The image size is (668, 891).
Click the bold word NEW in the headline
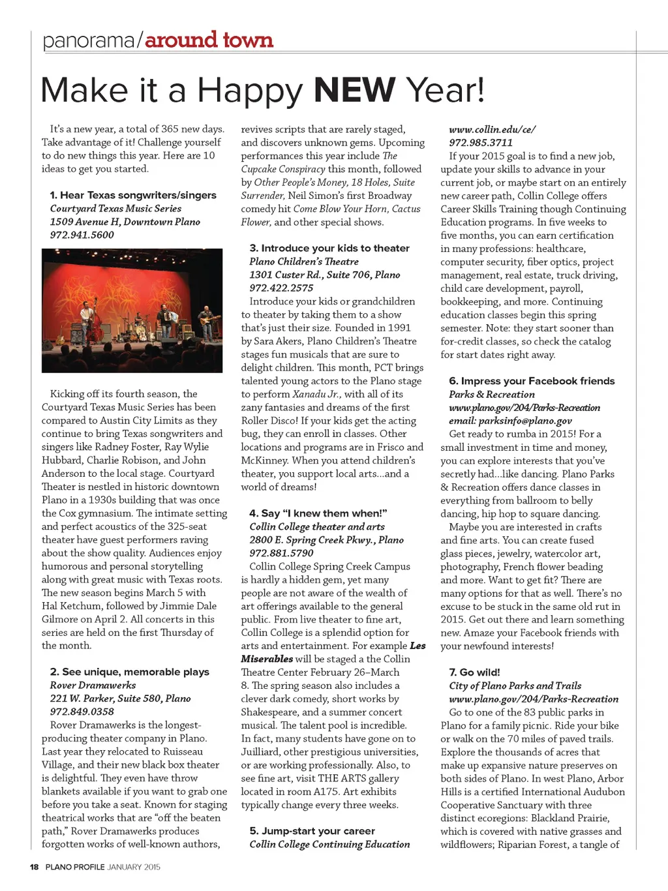tap(355, 91)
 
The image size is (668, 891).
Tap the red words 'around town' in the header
tap(209, 40)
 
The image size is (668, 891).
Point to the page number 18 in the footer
tap(34, 867)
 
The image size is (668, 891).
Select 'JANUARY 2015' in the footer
tap(134, 867)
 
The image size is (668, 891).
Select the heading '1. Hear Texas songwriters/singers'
tap(133, 195)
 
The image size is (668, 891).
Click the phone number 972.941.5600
tap(82, 235)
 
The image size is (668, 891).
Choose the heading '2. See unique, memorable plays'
tap(129, 672)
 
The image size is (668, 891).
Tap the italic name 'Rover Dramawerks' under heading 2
tap(93, 685)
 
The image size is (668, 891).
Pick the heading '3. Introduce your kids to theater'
tap(329, 248)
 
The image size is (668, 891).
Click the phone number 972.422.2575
tap(281, 288)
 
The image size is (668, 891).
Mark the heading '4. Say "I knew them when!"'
tap(318, 513)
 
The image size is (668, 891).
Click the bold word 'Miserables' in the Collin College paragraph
tap(267, 659)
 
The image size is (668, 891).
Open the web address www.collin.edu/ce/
tap(492, 129)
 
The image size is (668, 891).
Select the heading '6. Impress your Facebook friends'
tap(532, 381)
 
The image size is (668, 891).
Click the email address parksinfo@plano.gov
tap(510, 421)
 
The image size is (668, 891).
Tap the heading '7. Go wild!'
tap(474, 672)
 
